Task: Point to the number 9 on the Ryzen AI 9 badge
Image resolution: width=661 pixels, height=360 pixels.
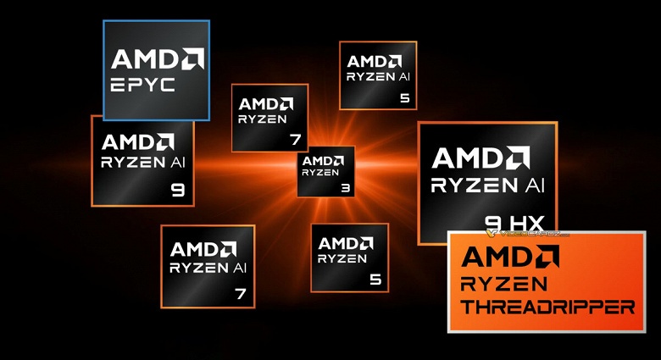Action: click(x=178, y=190)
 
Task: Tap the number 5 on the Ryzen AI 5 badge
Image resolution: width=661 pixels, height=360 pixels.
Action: click(x=404, y=97)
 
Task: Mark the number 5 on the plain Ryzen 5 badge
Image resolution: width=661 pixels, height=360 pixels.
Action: click(x=375, y=279)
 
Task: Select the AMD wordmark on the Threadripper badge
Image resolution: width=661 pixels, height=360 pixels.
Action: click(x=509, y=256)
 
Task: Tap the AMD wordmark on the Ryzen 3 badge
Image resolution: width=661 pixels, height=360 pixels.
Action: click(x=324, y=160)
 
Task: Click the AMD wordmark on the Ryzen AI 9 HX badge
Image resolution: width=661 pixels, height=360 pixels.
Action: click(x=481, y=158)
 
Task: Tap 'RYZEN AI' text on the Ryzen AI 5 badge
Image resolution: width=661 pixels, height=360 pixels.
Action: click(x=378, y=76)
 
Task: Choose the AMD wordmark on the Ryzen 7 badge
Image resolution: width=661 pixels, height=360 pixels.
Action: click(x=266, y=104)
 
